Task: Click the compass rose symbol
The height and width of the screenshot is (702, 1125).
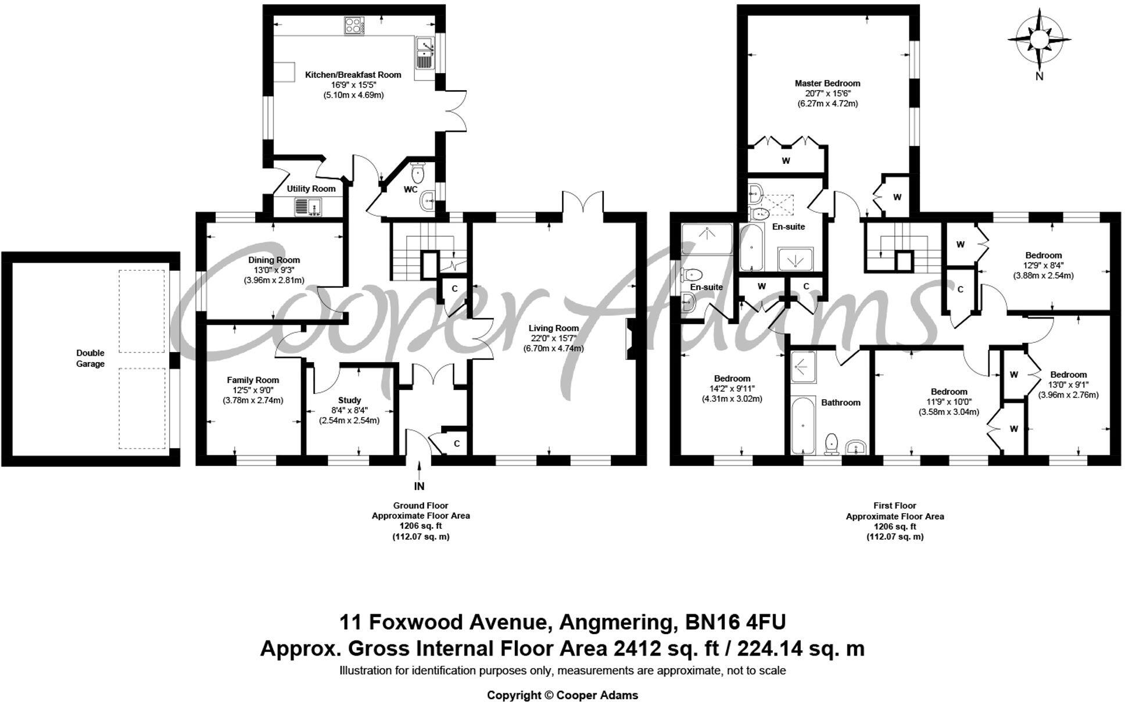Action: click(x=1039, y=40)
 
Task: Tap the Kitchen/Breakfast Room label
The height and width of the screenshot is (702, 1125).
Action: click(x=353, y=74)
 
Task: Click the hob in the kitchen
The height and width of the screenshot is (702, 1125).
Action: click(x=353, y=26)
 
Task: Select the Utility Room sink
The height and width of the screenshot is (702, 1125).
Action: click(x=307, y=207)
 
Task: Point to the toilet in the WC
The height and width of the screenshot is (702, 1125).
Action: click(x=418, y=172)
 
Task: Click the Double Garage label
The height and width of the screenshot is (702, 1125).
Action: click(x=90, y=358)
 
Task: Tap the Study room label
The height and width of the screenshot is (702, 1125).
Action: click(x=349, y=400)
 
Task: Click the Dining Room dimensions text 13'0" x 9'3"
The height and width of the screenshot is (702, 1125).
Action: click(x=274, y=270)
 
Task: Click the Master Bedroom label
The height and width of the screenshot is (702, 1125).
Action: click(x=827, y=83)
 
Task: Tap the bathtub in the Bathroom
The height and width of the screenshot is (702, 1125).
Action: click(x=802, y=425)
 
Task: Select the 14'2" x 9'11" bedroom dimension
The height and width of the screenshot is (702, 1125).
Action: click(x=732, y=389)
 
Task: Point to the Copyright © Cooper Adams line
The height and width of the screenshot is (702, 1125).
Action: click(x=562, y=695)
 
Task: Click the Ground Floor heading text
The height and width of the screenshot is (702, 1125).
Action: click(x=420, y=506)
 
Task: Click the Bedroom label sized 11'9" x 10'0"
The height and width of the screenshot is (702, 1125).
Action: click(x=948, y=392)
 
